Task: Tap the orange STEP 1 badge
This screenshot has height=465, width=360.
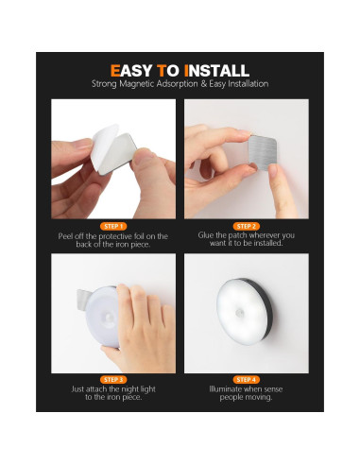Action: point(112,226)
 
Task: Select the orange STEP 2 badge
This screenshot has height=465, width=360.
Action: point(246,226)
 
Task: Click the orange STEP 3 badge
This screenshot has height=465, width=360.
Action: point(112,378)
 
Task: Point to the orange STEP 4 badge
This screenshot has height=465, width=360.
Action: point(246,378)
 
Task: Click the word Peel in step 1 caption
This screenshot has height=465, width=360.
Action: point(65,236)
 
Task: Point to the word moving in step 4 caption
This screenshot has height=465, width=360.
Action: point(261,398)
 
